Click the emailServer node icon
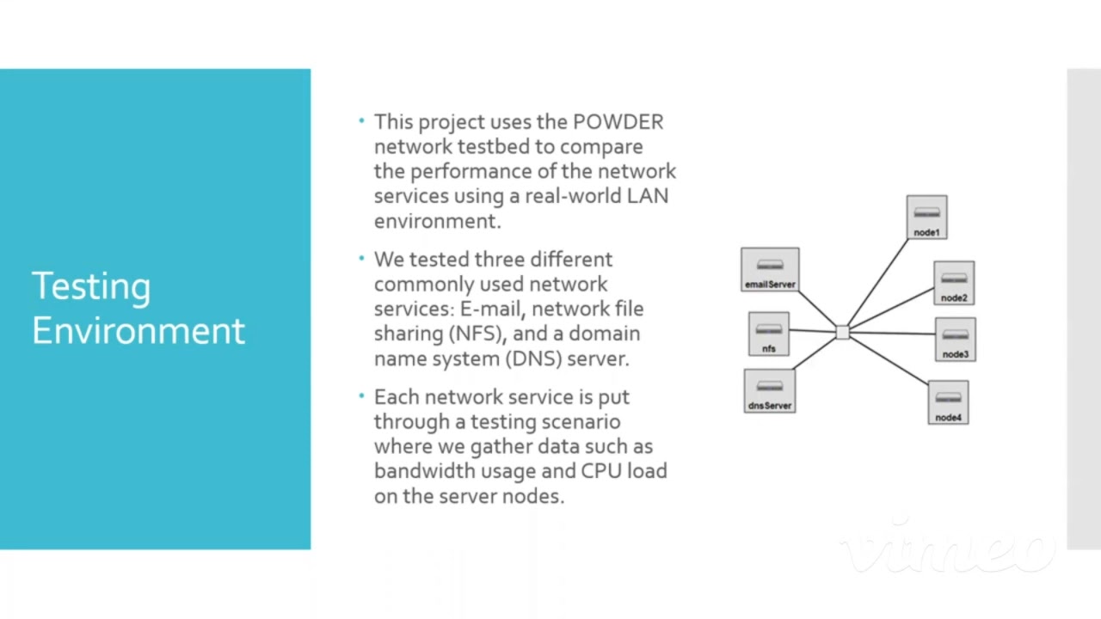(x=770, y=270)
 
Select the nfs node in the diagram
(x=768, y=334)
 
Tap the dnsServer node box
(x=769, y=391)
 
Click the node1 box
(x=926, y=217)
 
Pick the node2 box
(x=954, y=283)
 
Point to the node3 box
(x=955, y=339)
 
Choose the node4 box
(x=948, y=402)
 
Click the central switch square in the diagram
(x=842, y=333)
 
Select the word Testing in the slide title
(x=91, y=287)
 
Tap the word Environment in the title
(x=138, y=331)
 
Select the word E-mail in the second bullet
(x=492, y=309)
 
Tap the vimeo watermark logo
(x=946, y=547)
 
